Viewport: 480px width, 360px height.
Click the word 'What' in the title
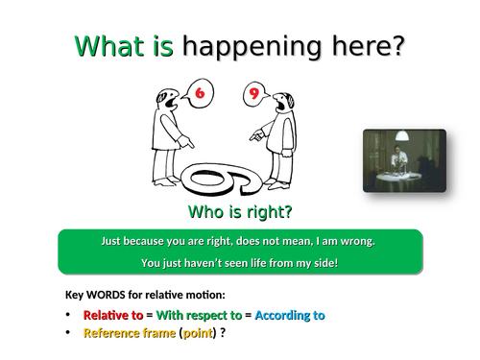point(108,46)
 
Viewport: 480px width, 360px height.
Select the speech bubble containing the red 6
point(200,94)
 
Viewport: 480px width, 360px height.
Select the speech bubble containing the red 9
point(253,94)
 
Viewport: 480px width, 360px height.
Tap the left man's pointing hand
point(188,143)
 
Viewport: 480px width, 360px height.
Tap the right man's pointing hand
point(256,136)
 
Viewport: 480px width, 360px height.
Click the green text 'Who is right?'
point(240,211)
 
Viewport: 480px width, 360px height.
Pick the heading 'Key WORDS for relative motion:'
point(145,295)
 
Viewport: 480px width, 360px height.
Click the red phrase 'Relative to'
point(113,315)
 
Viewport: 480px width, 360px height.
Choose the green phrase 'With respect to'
point(199,315)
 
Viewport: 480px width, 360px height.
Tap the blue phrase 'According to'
point(290,315)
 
